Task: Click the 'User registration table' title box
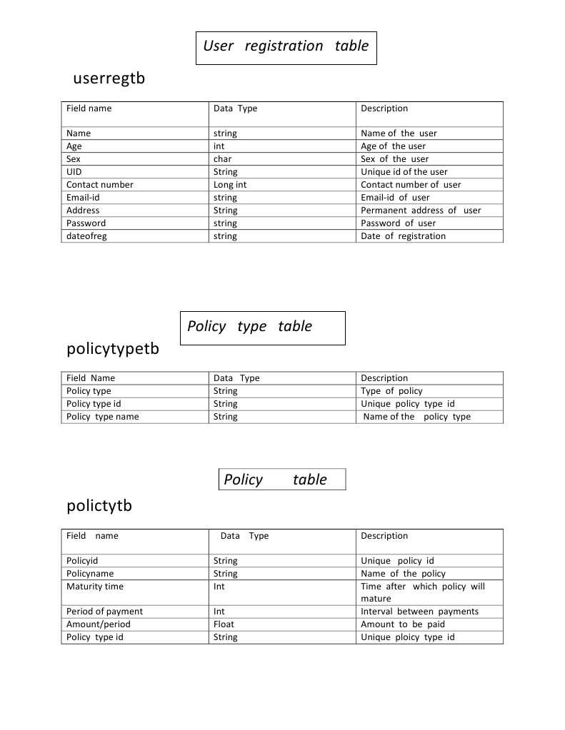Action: pyautogui.click(x=286, y=47)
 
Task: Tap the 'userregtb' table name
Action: pyautogui.click(x=109, y=78)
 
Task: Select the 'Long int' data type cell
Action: pyautogui.click(x=230, y=185)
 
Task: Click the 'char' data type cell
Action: pyautogui.click(x=222, y=159)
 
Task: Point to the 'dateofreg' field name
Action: pyautogui.click(x=86, y=236)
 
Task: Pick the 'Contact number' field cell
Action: pyautogui.click(x=100, y=185)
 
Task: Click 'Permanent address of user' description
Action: pyautogui.click(x=421, y=211)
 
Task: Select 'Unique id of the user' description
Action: pyautogui.click(x=404, y=172)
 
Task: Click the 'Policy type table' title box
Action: pyautogui.click(x=262, y=328)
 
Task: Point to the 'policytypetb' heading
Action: pyautogui.click(x=113, y=350)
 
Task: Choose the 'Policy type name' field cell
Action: pyautogui.click(x=103, y=417)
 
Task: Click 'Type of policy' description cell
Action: pyautogui.click(x=391, y=391)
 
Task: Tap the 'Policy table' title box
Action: pyautogui.click(x=281, y=480)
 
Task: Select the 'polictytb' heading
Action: pyautogui.click(x=99, y=506)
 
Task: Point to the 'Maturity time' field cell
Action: pyautogui.click(x=95, y=587)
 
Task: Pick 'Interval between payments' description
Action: pyautogui.click(x=419, y=612)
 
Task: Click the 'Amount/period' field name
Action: pyautogui.click(x=99, y=624)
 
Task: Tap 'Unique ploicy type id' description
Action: pyautogui.click(x=407, y=637)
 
